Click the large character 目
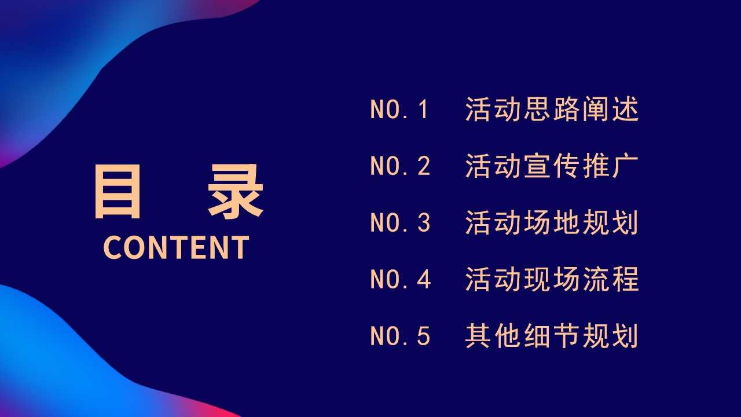(x=118, y=191)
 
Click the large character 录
(x=236, y=191)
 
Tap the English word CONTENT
(x=176, y=247)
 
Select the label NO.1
(x=399, y=109)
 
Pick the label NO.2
(x=400, y=166)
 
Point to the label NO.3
(x=400, y=222)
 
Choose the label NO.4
(x=400, y=279)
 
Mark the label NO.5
(x=400, y=336)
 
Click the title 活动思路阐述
(x=552, y=109)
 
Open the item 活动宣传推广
(x=552, y=166)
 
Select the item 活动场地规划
(x=552, y=222)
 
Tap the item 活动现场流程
(x=552, y=279)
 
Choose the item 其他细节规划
(x=552, y=336)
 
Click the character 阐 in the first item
(x=596, y=109)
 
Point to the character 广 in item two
(x=625, y=166)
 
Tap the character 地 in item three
(x=566, y=222)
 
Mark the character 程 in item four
(x=625, y=279)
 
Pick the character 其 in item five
(x=478, y=336)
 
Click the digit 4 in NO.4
(x=423, y=279)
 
